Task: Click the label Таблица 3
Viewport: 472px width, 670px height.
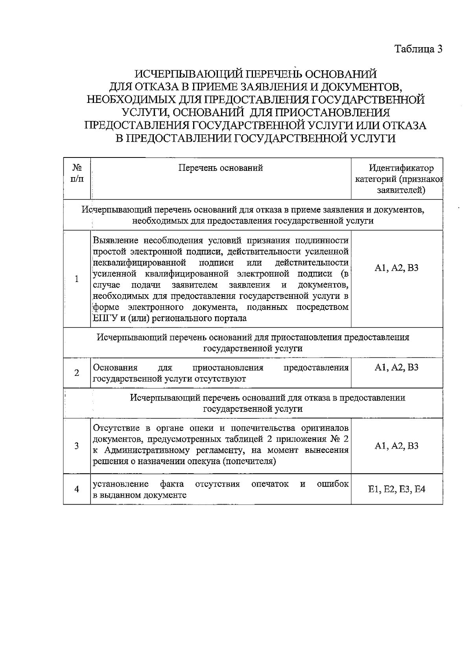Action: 419,49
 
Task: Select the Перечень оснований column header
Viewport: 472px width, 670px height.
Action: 221,168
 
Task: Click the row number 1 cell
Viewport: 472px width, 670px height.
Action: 77,279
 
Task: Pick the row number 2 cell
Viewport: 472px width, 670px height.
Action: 77,373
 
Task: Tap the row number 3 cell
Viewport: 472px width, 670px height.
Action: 77,446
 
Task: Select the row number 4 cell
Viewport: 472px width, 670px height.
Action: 77,489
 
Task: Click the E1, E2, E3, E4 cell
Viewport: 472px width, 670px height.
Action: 396,489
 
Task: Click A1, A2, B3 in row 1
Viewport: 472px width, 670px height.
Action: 396,268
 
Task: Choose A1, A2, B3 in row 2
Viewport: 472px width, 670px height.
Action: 396,368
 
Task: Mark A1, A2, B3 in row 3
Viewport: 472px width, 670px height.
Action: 396,446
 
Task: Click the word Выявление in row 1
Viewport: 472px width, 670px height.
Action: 115,240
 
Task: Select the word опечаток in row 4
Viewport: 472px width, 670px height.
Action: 270,484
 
